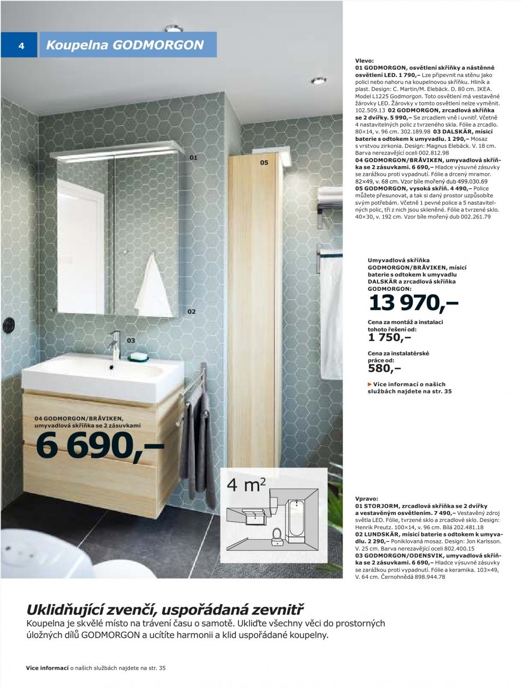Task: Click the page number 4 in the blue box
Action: [x=22, y=45]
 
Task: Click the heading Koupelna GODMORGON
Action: [x=125, y=45]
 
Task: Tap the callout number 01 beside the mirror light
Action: [x=193, y=157]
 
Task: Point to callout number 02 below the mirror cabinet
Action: [x=192, y=311]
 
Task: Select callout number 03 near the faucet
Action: [x=131, y=340]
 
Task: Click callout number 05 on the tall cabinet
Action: [x=264, y=163]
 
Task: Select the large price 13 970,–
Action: [x=413, y=303]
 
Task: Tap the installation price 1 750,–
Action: [x=390, y=338]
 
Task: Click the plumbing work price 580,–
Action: [x=384, y=368]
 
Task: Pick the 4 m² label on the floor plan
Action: [x=246, y=484]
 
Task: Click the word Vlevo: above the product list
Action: [x=364, y=61]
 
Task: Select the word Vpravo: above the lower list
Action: [x=367, y=498]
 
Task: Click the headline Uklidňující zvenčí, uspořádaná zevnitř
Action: [x=165, y=610]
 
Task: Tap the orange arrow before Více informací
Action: [x=369, y=384]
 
